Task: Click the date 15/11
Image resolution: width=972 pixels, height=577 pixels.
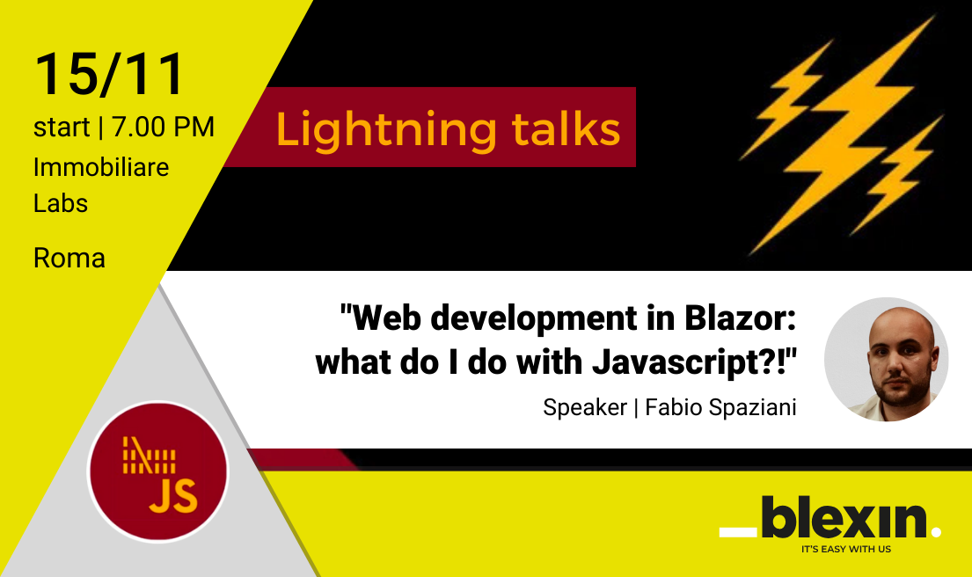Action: [x=109, y=74]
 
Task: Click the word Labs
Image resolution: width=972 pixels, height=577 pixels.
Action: [x=61, y=203]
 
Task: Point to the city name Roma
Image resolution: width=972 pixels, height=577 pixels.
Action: [x=69, y=259]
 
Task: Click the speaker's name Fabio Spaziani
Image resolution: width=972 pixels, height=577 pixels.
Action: [x=720, y=408]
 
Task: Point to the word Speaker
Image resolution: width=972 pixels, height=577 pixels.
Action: [x=583, y=408]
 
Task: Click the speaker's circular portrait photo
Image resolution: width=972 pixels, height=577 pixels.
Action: [x=886, y=359]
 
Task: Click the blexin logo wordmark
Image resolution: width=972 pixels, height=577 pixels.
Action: [x=845, y=518]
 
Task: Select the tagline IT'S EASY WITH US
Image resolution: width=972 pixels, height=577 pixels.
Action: [x=845, y=549]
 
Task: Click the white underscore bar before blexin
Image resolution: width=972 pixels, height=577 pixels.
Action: [x=737, y=531]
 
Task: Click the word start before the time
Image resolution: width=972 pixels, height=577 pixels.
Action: [x=62, y=128]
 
